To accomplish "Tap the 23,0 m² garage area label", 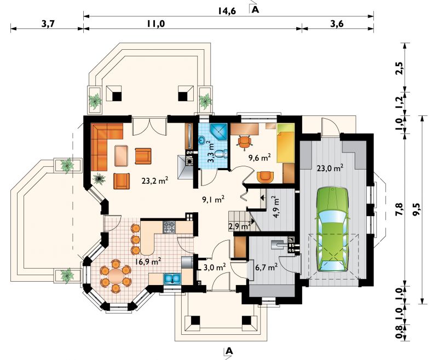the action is tap(330, 169).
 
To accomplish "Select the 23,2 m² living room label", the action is tap(155, 182).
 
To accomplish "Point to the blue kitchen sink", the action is tap(172, 278).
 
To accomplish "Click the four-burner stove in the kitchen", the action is tap(169, 227).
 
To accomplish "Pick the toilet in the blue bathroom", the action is tap(222, 154).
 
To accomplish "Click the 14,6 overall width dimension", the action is tap(227, 11).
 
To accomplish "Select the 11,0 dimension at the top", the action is tap(157, 24).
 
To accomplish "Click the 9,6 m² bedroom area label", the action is tap(260, 158).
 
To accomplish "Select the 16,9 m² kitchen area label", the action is tap(148, 262).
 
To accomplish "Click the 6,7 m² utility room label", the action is tap(266, 267).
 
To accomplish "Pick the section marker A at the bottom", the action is tap(229, 351).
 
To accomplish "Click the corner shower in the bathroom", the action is tap(218, 132).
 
